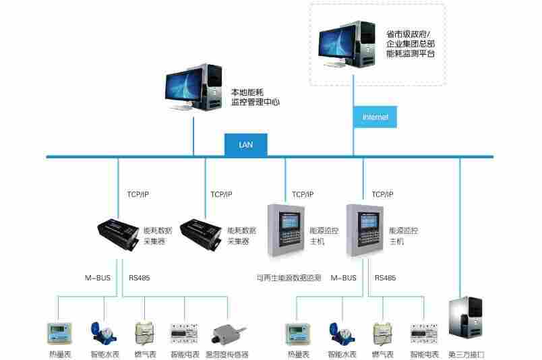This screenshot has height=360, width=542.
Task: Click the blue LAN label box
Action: pos(246,144)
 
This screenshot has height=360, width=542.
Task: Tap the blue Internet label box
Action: pos(375,117)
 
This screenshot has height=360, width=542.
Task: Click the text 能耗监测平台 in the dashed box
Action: pos(411,53)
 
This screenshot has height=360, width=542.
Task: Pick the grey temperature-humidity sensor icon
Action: pos(227,334)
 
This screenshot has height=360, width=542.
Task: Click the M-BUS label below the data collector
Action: pos(96,277)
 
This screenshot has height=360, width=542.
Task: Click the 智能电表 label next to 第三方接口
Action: pos(425,354)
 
